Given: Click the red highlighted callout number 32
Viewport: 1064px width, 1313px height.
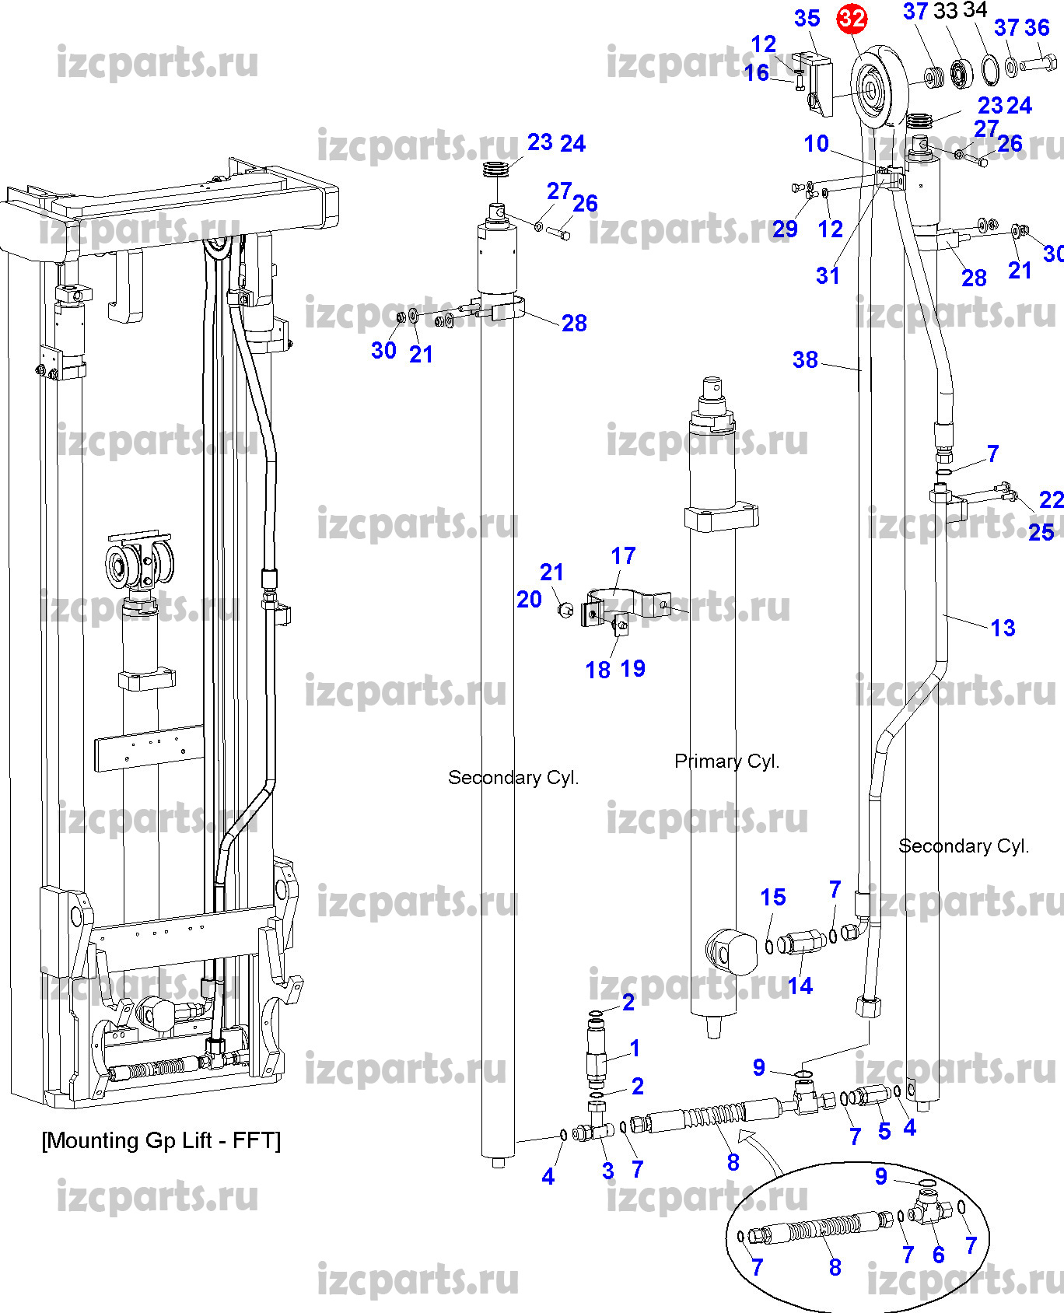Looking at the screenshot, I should coord(852,19).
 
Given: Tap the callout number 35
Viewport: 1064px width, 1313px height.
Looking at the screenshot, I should coord(807,19).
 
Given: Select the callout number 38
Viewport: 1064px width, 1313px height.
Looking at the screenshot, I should coord(805,359).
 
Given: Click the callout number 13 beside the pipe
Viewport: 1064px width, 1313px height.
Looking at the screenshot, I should coord(1003,628).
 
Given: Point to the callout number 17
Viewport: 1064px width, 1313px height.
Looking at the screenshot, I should coord(623,556).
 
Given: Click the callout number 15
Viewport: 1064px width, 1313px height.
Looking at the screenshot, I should coord(773,897).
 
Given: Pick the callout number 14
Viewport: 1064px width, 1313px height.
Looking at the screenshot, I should coord(800,986).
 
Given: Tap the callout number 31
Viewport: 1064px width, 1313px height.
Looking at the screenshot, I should coord(828,275).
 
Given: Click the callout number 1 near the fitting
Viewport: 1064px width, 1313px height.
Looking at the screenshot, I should coord(635,1048).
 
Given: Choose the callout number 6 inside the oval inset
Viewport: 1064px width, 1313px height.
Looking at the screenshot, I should coord(939,1255).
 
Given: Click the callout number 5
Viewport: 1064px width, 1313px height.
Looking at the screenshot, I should coord(884,1131).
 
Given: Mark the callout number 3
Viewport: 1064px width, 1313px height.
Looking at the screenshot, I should coord(608,1171).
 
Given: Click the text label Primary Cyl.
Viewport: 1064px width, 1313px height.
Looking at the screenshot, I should coord(726,762).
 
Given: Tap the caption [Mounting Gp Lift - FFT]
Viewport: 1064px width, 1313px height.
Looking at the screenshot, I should coord(161,1140).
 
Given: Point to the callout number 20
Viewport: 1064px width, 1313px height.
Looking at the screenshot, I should coord(529,599).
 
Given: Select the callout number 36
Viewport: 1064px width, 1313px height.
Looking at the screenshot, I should coord(1038,28).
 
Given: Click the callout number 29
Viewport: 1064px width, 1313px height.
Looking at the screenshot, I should coord(785,229).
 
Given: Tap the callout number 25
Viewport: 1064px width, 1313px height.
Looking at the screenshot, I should coord(1041,532).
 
